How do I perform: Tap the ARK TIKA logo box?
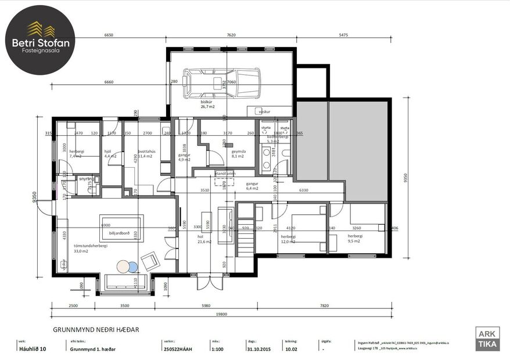pos(487,340)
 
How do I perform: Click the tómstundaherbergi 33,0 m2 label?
pos(90,248)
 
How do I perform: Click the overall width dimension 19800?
pos(218,314)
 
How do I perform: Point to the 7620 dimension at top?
pos(231,35)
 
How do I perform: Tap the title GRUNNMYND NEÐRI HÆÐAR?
pos(96,330)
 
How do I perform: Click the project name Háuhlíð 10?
pos(33,350)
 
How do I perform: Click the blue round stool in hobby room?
pos(133,267)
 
